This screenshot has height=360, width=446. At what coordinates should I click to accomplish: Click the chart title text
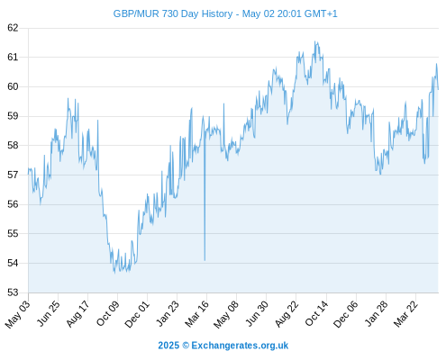point(225,13)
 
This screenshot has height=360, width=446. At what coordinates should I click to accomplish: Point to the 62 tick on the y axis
point(13,28)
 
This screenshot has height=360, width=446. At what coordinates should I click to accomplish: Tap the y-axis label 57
point(13,175)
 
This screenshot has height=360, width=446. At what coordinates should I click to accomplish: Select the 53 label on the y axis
point(13,292)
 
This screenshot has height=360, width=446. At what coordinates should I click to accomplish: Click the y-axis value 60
point(13,86)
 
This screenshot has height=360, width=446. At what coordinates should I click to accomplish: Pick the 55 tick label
point(13,233)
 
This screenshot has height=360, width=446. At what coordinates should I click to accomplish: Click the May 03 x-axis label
point(18,313)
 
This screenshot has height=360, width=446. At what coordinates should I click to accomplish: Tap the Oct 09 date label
point(108,313)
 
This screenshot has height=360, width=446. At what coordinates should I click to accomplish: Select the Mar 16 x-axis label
point(197,313)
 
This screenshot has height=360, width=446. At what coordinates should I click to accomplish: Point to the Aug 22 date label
point(287,313)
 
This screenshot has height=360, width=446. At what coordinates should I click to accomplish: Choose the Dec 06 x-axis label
point(346,314)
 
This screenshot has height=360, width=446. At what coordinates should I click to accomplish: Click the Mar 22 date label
point(406,313)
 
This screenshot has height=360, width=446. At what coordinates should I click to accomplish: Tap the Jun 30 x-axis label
point(257,313)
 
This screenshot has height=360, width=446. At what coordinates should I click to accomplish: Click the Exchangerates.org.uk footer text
point(240,346)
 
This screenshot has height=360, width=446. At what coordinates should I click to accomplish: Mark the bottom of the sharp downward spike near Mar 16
point(205,260)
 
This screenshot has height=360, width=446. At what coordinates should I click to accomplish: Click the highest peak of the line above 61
point(315,41)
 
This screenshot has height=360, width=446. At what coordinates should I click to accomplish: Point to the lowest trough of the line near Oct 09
point(114,273)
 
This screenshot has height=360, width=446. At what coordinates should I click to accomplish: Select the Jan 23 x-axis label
point(168,313)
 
